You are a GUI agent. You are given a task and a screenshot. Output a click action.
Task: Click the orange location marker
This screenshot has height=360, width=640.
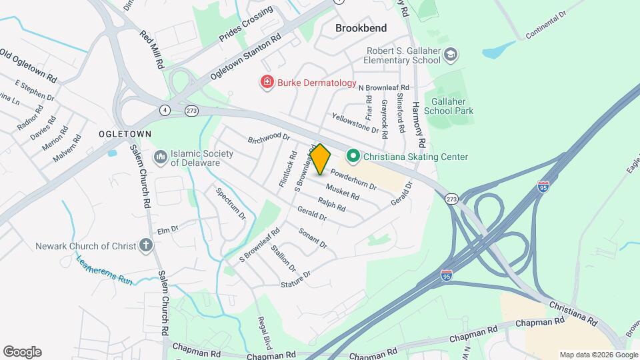pyautogui.click(x=320, y=159)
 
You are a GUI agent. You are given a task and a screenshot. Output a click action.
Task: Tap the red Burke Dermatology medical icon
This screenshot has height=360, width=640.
pyautogui.click(x=267, y=82)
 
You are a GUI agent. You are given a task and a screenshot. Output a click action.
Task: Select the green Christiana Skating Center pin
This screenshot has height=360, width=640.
pyautogui.click(x=353, y=157)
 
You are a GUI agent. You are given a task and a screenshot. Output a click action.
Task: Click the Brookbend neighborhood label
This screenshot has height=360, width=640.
pyautogui.click(x=361, y=29)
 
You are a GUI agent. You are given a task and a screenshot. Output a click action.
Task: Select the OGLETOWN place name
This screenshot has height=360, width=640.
pyautogui.click(x=125, y=134)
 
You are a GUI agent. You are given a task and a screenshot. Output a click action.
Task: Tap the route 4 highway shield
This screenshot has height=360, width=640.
pyautogui.click(x=164, y=109)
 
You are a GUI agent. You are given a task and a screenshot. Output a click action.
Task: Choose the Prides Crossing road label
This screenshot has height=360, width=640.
pyautogui.click(x=247, y=25)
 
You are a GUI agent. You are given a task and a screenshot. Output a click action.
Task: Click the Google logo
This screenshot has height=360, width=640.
pyautogui.click(x=22, y=352)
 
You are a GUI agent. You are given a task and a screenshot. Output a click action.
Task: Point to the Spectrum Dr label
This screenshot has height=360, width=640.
pyautogui.click(x=231, y=204)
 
